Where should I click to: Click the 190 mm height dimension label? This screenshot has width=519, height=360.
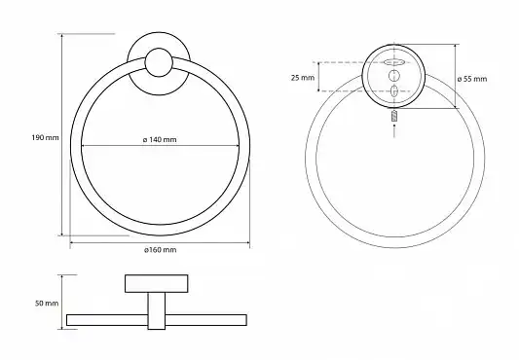tap(45, 137)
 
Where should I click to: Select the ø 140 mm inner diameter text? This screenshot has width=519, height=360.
tap(160, 140)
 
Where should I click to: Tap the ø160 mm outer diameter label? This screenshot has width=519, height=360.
tap(161, 250)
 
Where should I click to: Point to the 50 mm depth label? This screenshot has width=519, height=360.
tap(47, 304)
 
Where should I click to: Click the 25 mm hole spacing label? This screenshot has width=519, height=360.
tap(303, 78)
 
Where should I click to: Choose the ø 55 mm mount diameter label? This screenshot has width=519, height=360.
tap(472, 79)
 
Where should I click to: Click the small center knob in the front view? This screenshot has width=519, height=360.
tap(159, 62)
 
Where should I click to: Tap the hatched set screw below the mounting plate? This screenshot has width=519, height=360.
tap(394, 117)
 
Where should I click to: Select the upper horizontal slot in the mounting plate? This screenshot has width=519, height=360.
tap(394, 62)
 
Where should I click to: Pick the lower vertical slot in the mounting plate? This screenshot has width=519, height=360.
tap(394, 91)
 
